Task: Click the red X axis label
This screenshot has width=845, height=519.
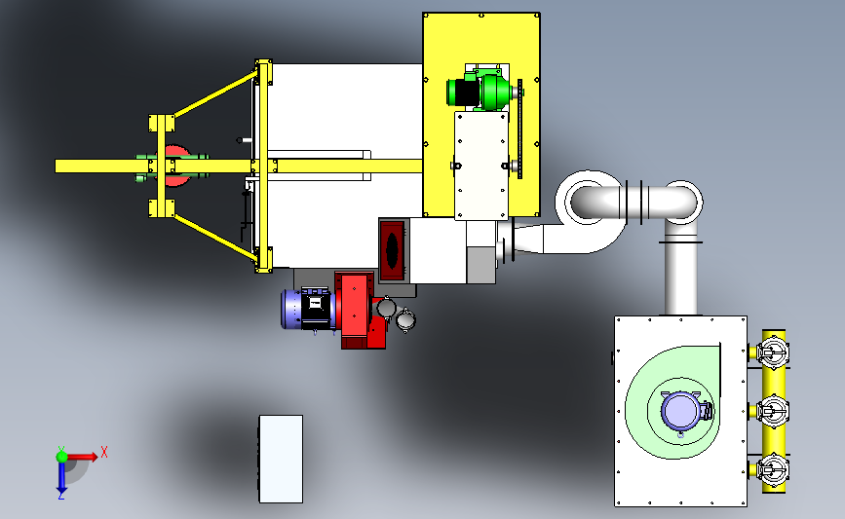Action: (x=104, y=452)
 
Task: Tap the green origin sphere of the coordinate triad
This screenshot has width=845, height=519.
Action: (x=62, y=457)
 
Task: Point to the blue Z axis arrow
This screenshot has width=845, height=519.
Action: (x=61, y=477)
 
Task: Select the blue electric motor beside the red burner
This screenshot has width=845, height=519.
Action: (x=307, y=309)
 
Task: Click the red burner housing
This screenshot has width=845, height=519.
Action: (x=359, y=310)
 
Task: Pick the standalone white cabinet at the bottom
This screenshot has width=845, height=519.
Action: (x=281, y=459)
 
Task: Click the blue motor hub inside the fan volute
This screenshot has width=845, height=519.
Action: (x=680, y=411)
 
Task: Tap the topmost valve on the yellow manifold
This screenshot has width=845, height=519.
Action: (x=772, y=353)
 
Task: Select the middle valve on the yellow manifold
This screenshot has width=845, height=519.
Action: (x=772, y=412)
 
